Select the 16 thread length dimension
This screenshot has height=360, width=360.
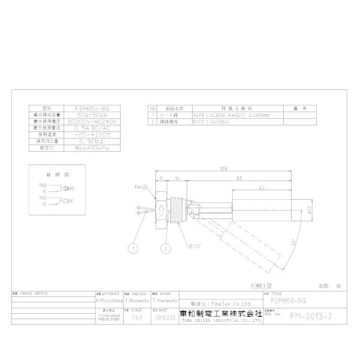(x=177, y=178)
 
